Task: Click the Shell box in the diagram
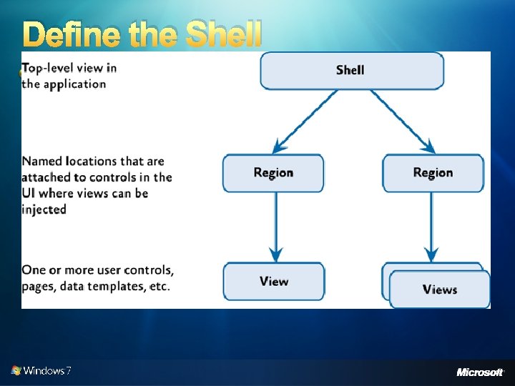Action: [x=351, y=70]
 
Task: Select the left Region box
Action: [x=273, y=173]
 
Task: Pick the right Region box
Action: [x=433, y=173]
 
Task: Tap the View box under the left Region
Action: [x=274, y=282]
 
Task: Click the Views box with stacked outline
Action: [x=439, y=289]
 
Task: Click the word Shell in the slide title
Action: [x=224, y=34]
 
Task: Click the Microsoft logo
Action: [x=480, y=372]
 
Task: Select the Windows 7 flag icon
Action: [x=16, y=370]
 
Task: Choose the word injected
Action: [x=44, y=209]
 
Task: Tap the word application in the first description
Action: [x=74, y=84]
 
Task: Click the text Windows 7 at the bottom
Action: [x=47, y=371]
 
